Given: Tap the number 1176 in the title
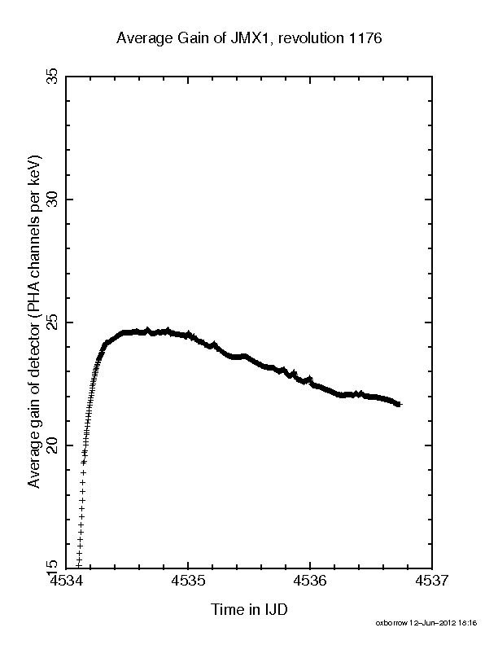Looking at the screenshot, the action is tap(365, 37).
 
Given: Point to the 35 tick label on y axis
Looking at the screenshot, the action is tap(52, 77).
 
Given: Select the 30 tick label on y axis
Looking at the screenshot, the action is tap(52, 200).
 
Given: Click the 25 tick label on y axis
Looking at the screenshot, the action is tap(52, 322).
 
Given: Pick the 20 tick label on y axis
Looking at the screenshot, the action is tap(52, 445).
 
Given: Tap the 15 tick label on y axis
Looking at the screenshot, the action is tap(52, 565).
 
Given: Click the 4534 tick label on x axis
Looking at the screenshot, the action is tap(66, 581).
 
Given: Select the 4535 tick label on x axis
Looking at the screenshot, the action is tap(188, 581).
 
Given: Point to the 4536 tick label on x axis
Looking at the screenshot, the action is tap(310, 581).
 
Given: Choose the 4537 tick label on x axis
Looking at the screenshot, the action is tap(432, 581).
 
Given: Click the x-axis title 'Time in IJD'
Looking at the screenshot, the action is tap(249, 609).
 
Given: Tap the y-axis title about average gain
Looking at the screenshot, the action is tap(34, 322).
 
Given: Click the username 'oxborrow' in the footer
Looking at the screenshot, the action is tap(391, 623).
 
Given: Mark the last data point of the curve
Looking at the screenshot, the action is tap(399, 405).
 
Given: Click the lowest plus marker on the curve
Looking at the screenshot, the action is tap(78, 566).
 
